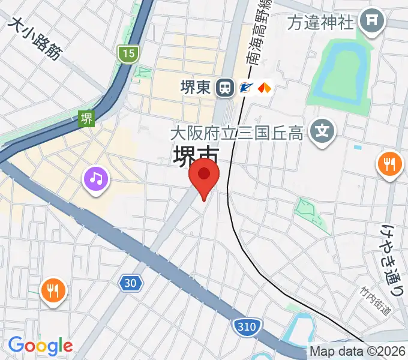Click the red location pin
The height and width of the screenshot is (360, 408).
coord(204,175)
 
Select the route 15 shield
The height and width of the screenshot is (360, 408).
coord(128,54)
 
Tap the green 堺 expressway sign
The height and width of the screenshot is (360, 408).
coord(87,118)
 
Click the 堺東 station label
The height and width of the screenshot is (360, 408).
coord(196,88)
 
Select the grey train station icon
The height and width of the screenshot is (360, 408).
coord(226,88)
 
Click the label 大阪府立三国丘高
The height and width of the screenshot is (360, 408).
coord(236,133)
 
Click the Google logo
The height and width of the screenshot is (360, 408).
coord(40,346)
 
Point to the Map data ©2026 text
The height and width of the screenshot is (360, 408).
coord(358,352)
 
